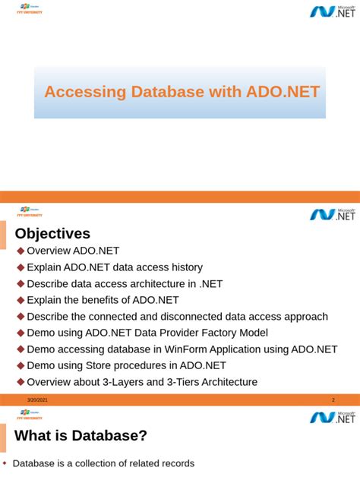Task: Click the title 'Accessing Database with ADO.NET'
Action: click(x=182, y=92)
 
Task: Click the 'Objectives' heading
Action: click(x=53, y=233)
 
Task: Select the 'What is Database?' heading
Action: click(x=81, y=436)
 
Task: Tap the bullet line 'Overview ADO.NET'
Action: click(x=73, y=251)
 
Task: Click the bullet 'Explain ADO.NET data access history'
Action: click(x=115, y=267)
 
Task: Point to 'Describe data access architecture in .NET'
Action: click(x=125, y=283)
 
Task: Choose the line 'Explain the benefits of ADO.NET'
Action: click(x=103, y=300)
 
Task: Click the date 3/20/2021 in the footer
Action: click(x=38, y=400)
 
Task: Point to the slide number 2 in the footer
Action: click(x=333, y=400)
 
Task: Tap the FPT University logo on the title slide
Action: click(x=30, y=10)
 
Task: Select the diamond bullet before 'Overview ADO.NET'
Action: click(x=21, y=251)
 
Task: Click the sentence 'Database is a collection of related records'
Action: click(x=103, y=463)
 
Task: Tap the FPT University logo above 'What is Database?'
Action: click(x=30, y=415)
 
